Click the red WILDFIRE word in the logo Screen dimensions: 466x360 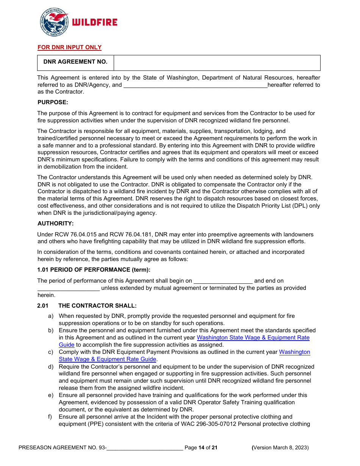(94, 22)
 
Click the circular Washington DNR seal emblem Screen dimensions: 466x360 (54, 22)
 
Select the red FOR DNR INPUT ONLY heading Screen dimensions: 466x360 (69, 47)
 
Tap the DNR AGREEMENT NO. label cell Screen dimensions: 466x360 (75, 62)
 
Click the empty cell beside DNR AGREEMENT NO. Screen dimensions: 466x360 (217, 63)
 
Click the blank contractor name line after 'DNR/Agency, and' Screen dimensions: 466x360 (195, 85)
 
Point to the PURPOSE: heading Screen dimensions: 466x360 (53, 102)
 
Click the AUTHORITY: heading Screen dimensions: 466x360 (55, 224)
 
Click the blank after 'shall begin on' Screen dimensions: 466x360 (223, 281)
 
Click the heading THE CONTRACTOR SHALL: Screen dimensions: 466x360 (97, 306)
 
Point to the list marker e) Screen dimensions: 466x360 (50, 395)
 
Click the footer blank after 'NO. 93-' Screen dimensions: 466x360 (145, 448)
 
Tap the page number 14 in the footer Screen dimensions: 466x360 (201, 448)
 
